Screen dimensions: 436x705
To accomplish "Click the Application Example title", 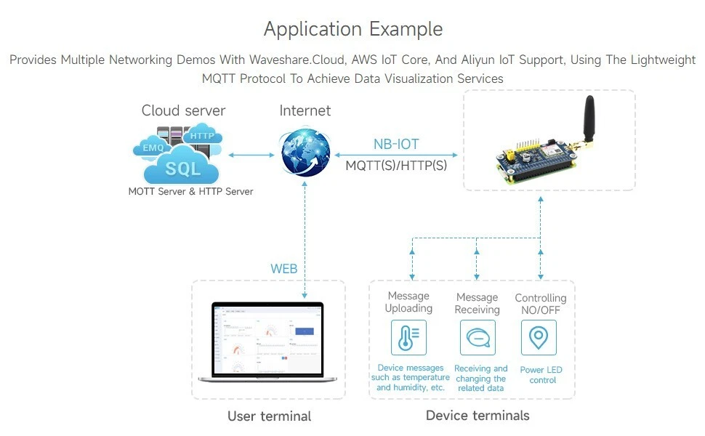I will click(x=352, y=29).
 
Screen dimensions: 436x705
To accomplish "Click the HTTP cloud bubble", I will click(x=201, y=135).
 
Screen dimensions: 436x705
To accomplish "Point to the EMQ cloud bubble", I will click(x=153, y=148).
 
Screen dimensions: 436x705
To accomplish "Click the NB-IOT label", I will click(x=395, y=145).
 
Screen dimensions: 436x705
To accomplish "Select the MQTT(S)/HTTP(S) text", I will click(x=396, y=165).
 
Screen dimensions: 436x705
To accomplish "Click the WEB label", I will click(x=284, y=269).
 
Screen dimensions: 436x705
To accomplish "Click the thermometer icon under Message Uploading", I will click(x=408, y=338).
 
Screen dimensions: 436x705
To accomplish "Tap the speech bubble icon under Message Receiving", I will click(x=477, y=338).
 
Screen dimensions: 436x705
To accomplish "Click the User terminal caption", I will click(x=269, y=416).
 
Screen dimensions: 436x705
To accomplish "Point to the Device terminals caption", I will click(x=478, y=416).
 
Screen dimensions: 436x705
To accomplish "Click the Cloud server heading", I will click(x=183, y=110).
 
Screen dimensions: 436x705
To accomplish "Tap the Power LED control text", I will click(x=541, y=375).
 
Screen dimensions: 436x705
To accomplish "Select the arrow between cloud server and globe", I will click(x=250, y=154).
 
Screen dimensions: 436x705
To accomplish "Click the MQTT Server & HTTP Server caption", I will click(x=190, y=192).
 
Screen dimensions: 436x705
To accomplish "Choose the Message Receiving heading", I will click(x=477, y=303).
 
